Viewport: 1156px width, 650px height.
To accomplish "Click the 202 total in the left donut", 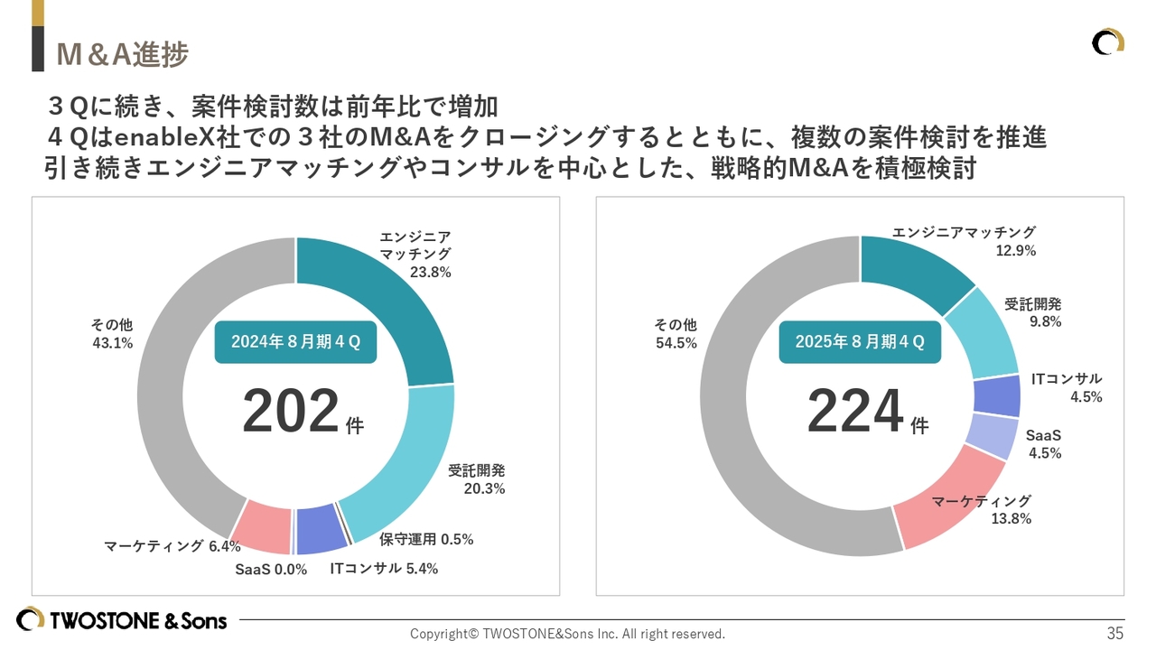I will click(x=291, y=412).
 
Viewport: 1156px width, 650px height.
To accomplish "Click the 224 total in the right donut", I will click(x=855, y=412).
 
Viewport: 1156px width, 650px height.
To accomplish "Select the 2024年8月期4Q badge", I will click(x=295, y=341).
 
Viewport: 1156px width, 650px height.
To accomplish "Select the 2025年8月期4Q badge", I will click(x=860, y=341).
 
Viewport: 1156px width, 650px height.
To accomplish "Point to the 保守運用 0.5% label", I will click(x=426, y=540).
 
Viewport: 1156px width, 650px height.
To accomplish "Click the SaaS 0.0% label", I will click(x=271, y=570).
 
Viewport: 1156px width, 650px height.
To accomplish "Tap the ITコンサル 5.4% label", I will click(x=384, y=569).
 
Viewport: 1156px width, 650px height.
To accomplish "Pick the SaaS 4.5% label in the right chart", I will click(x=1044, y=445).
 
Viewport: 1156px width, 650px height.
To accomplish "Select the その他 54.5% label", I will click(x=676, y=334).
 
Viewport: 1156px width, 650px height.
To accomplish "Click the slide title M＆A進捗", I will click(x=122, y=55).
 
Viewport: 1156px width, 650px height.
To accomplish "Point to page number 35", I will click(x=1115, y=633).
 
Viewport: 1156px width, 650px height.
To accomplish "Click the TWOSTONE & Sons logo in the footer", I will click(x=122, y=620).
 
